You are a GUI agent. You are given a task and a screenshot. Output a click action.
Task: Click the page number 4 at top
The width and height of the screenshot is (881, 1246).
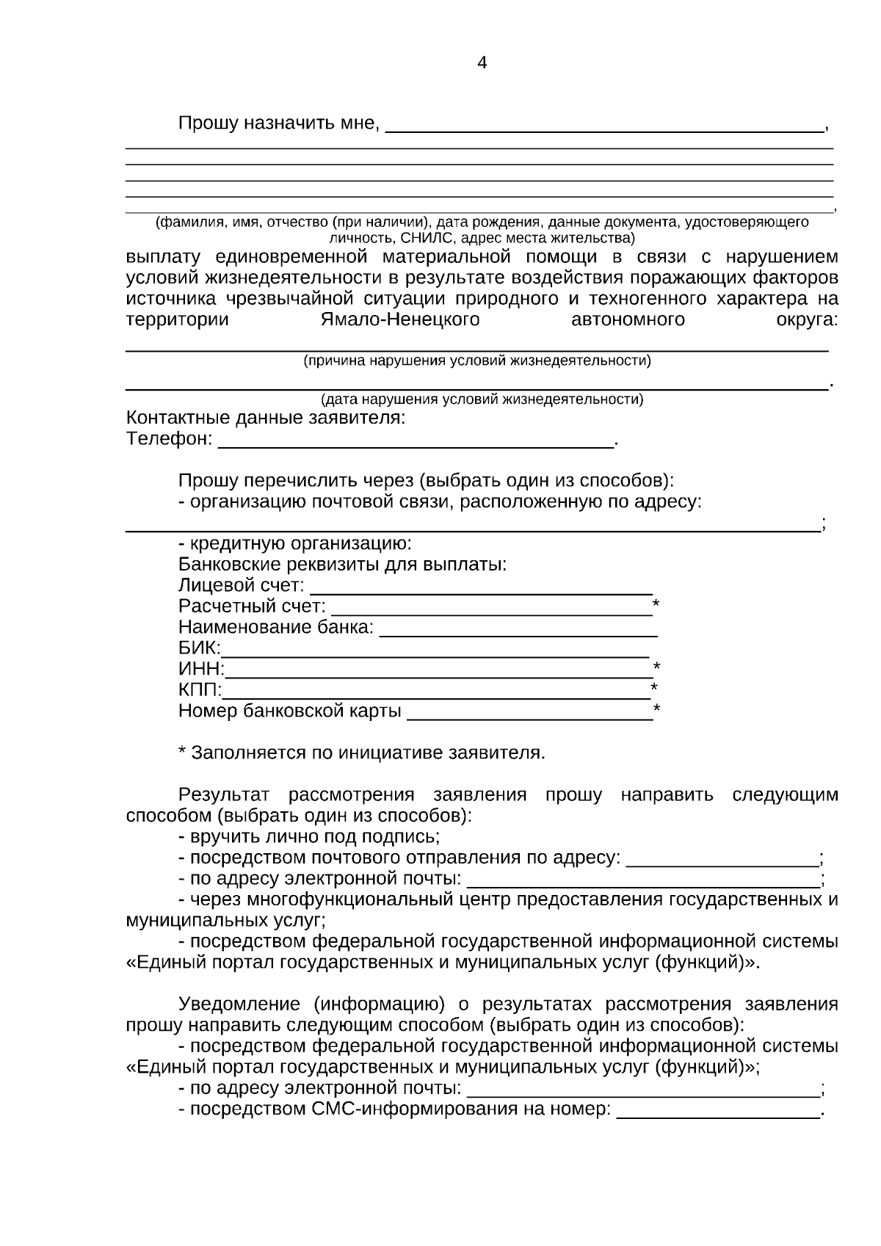point(482,63)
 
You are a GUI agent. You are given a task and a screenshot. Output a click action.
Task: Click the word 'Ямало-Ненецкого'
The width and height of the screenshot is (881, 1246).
point(400,320)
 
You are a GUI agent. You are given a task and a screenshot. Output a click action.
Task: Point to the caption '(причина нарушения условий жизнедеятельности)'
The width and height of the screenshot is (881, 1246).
point(477,361)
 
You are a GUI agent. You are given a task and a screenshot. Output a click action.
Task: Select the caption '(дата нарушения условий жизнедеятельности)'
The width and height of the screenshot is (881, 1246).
point(482,399)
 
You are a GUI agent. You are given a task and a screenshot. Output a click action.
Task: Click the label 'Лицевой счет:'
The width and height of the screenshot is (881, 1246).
point(241,586)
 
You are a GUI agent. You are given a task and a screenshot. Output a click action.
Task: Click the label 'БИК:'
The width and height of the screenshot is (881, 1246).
point(198,648)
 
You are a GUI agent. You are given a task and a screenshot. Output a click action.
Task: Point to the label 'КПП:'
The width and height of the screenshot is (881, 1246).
point(199,690)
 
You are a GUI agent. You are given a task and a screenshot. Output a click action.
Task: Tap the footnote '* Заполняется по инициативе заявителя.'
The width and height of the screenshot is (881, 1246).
point(362,753)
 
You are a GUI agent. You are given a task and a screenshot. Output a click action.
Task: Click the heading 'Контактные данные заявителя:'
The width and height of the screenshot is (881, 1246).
point(266,419)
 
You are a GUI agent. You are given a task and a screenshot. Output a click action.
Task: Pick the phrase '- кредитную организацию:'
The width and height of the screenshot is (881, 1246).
point(295,544)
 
